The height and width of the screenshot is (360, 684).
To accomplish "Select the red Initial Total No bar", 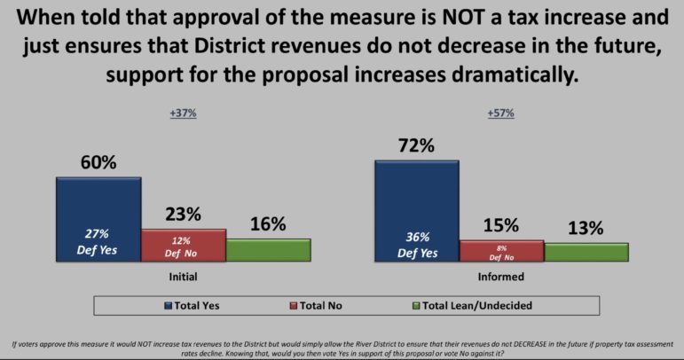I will coord(183,245).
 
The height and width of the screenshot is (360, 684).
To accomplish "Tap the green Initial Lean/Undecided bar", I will coord(268,249).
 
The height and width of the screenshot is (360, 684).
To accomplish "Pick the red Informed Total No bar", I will coord(501,251).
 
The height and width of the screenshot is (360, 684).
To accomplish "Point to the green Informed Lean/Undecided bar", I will coord(586,252).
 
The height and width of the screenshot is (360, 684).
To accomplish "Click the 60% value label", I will coord(98,163).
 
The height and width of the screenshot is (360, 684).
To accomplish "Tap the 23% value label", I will coord(183,215).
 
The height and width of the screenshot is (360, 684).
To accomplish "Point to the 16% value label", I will coord(267,223).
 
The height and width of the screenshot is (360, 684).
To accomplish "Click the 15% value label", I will coord(501,226).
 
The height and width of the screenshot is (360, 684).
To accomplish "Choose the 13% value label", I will coord(586,228).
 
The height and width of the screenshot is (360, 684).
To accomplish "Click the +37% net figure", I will coord(183,113).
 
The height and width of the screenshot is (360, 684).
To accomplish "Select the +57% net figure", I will coord(501,113).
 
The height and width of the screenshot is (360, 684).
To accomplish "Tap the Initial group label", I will coord(183,277).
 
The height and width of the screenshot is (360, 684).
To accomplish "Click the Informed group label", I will coord(501,277).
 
